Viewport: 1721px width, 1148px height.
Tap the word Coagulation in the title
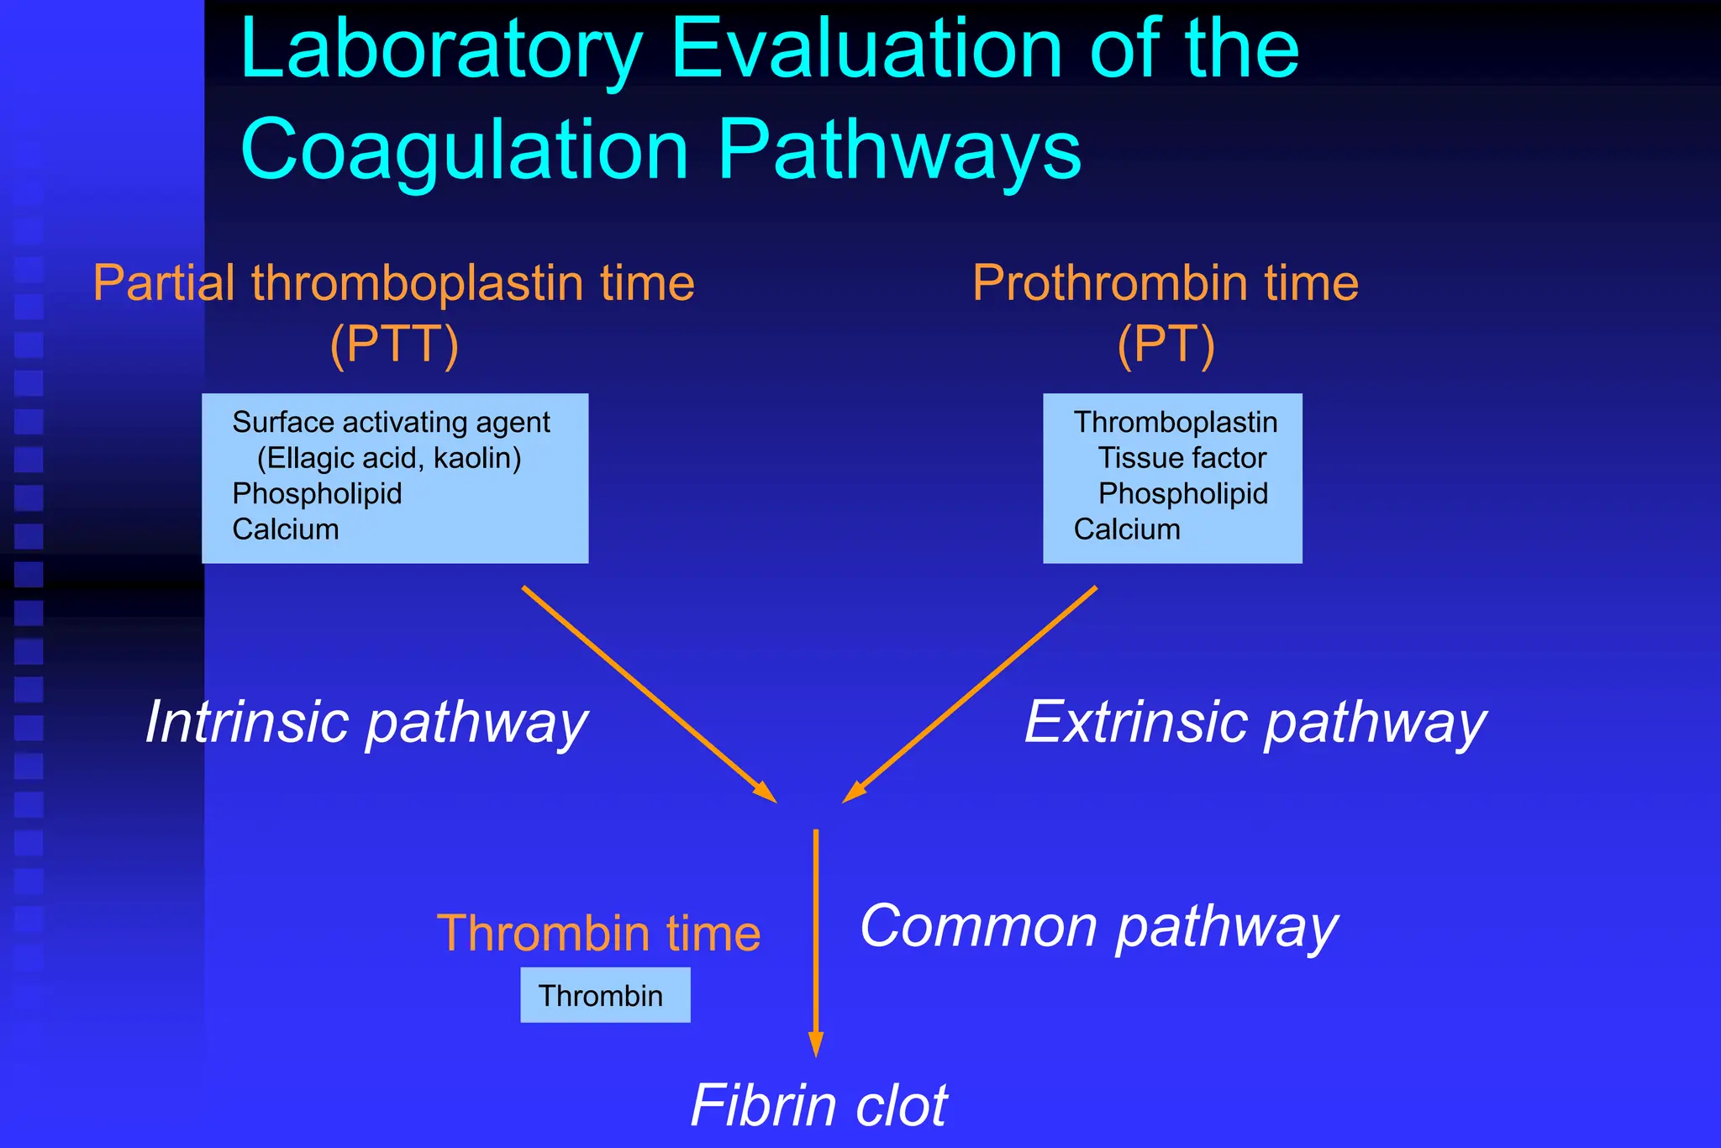click(x=465, y=150)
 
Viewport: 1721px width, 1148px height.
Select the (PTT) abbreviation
click(x=394, y=344)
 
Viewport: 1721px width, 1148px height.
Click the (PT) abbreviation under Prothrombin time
click(x=1166, y=344)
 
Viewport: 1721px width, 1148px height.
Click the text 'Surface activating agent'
click(x=391, y=422)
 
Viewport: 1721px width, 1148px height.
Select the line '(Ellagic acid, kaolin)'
click(x=389, y=458)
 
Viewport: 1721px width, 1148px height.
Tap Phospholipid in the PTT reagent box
click(x=317, y=493)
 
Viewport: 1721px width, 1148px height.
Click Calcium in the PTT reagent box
click(x=286, y=529)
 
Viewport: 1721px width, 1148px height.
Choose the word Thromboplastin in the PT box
click(x=1176, y=422)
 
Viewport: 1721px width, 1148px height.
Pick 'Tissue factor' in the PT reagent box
click(x=1182, y=458)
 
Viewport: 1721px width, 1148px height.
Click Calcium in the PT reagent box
click(x=1127, y=529)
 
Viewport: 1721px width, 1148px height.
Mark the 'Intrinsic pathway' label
click(x=366, y=723)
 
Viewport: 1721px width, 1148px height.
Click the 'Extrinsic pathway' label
click(x=1255, y=723)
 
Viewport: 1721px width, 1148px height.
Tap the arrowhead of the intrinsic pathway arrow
click(x=766, y=793)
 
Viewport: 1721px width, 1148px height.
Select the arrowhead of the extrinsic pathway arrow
click(x=854, y=793)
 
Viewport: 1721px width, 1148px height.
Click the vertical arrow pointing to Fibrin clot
click(x=815, y=941)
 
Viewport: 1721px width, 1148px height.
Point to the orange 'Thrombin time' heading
click(x=598, y=934)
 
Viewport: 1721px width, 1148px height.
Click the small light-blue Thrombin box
click(x=605, y=995)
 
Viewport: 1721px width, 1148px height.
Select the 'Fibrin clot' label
click(x=818, y=1106)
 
